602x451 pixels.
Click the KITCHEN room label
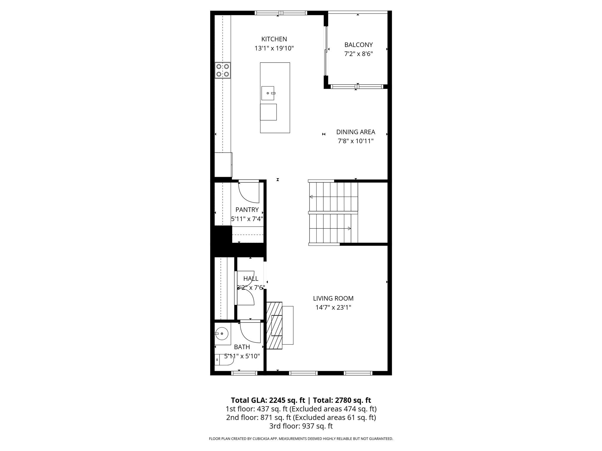[274, 39]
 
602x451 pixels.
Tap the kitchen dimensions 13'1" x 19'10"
[274, 48]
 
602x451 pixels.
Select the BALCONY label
[358, 45]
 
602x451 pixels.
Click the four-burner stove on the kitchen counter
[223, 70]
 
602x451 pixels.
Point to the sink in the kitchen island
[268, 93]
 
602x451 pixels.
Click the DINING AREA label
[355, 132]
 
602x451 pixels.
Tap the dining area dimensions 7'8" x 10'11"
[355, 141]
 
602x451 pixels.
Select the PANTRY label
[247, 210]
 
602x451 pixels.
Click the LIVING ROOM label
[333, 298]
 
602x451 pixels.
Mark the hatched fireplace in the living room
[274, 325]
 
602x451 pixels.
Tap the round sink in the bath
[222, 334]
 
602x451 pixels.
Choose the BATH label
[242, 347]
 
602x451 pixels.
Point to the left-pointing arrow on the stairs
[311, 197]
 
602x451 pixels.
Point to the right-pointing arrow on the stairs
[349, 228]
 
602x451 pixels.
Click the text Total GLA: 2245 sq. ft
[268, 400]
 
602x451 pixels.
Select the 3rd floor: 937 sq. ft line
[301, 426]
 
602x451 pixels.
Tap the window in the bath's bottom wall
[244, 373]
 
